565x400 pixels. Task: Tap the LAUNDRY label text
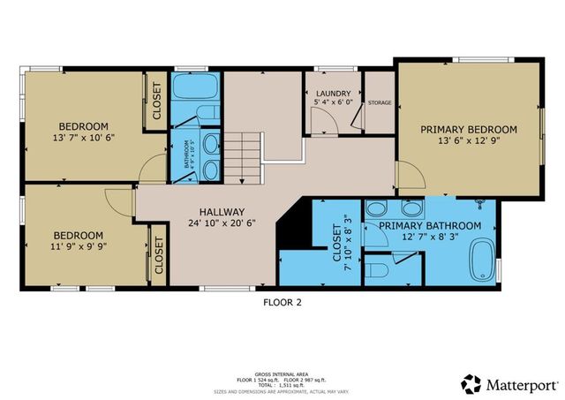(332, 93)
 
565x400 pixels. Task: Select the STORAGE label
(380, 102)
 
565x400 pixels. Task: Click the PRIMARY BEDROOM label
(468, 129)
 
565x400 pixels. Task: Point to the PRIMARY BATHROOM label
(430, 226)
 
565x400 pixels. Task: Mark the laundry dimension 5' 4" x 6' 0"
(332, 102)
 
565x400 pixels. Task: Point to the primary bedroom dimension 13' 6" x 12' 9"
(468, 141)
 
